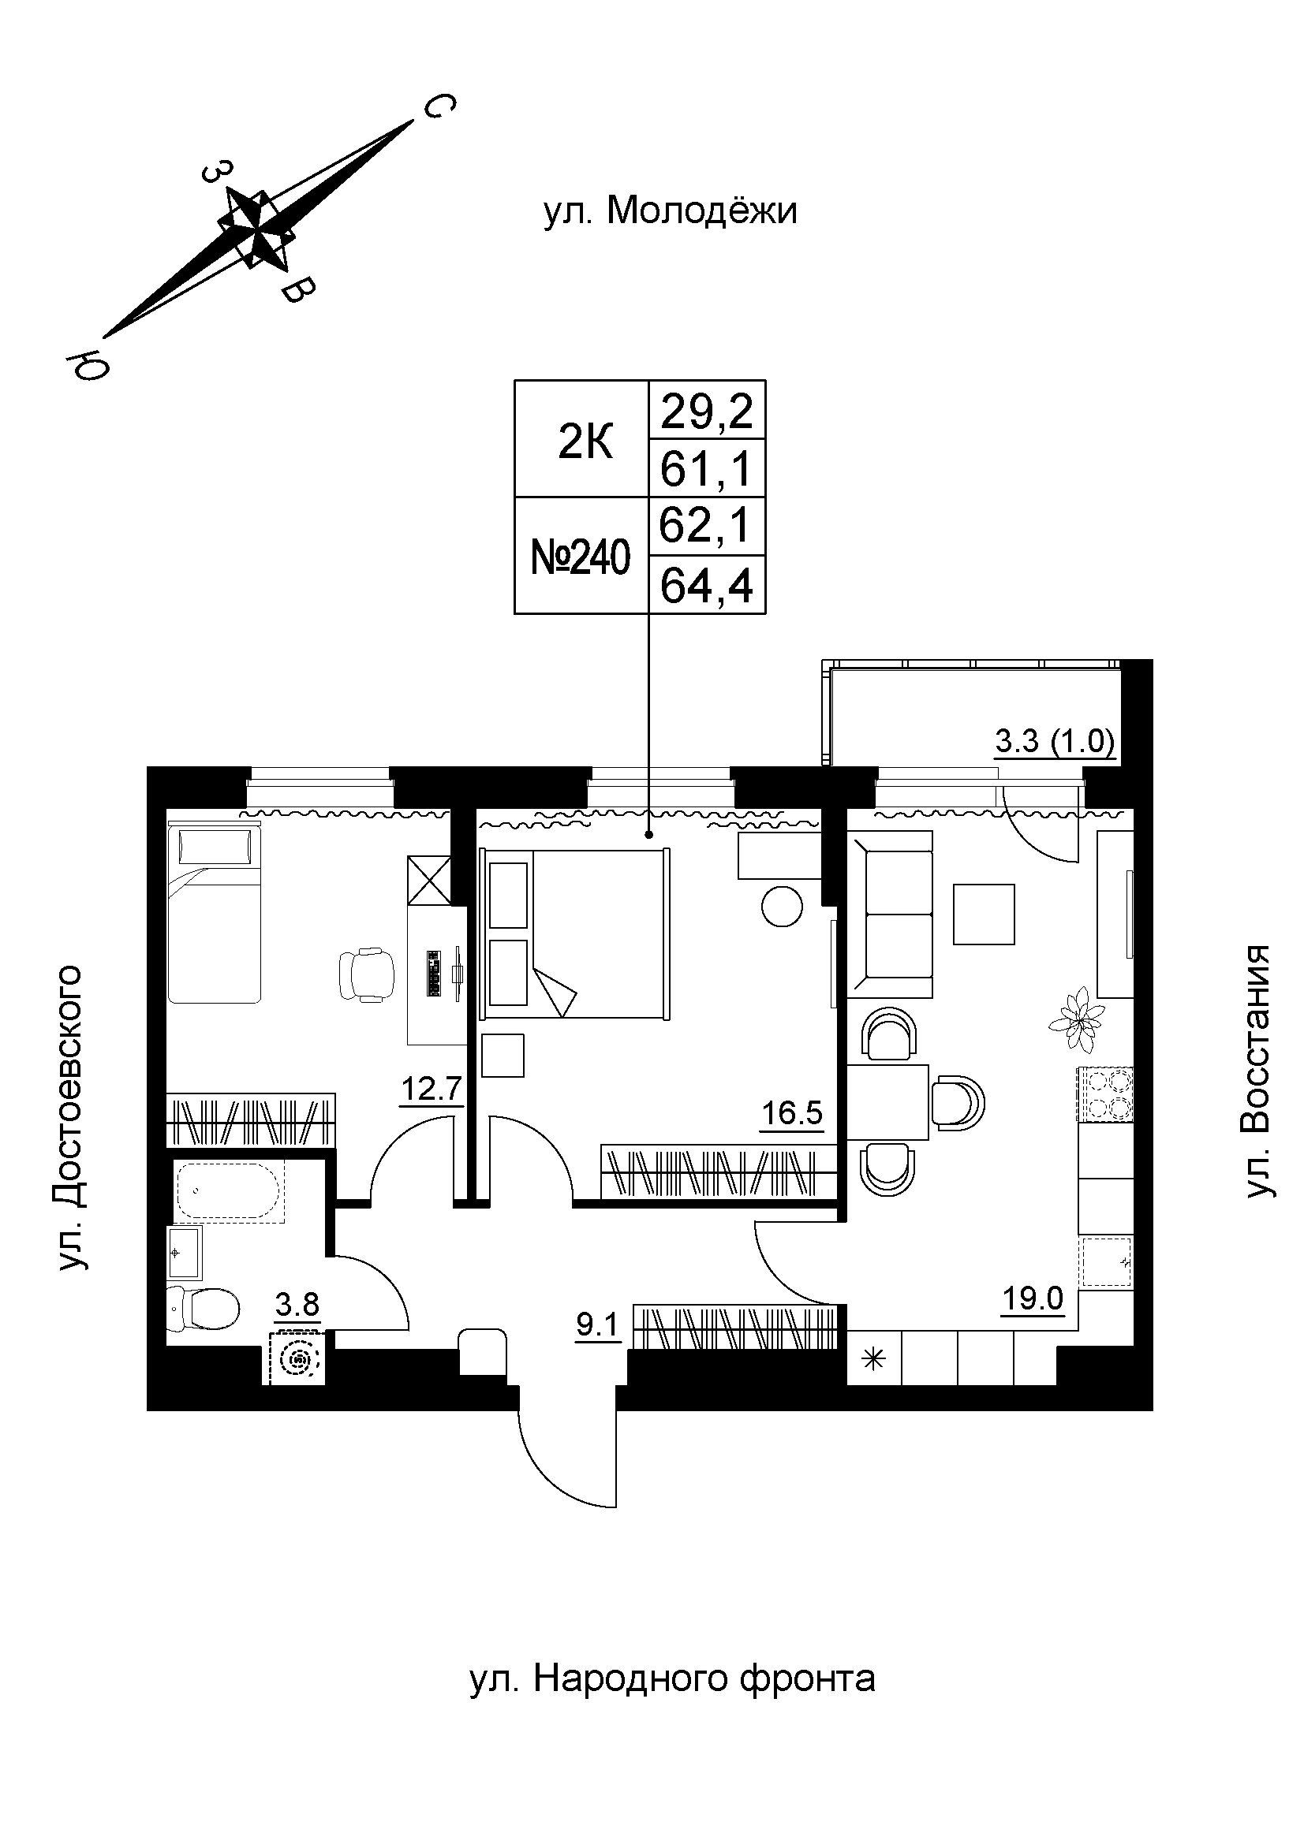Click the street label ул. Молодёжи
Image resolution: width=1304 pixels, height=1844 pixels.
670,212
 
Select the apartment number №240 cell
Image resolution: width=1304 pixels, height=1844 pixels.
581,557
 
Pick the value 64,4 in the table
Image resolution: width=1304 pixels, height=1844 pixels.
706,586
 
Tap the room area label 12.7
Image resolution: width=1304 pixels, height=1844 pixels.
432,1090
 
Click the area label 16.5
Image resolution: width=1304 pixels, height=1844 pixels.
792,1114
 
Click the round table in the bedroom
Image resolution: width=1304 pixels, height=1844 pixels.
782,906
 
